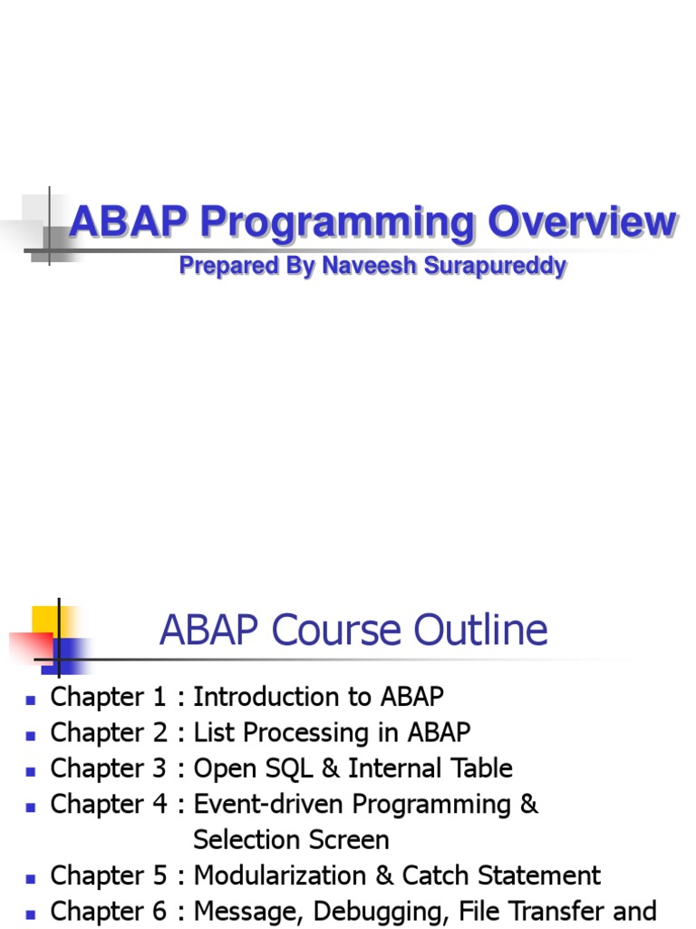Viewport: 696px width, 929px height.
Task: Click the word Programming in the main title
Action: tap(337, 223)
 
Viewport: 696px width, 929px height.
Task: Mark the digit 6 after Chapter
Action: tap(159, 911)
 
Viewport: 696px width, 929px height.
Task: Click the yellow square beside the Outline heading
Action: tap(47, 620)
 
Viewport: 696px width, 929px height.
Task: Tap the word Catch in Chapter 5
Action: tap(435, 875)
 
